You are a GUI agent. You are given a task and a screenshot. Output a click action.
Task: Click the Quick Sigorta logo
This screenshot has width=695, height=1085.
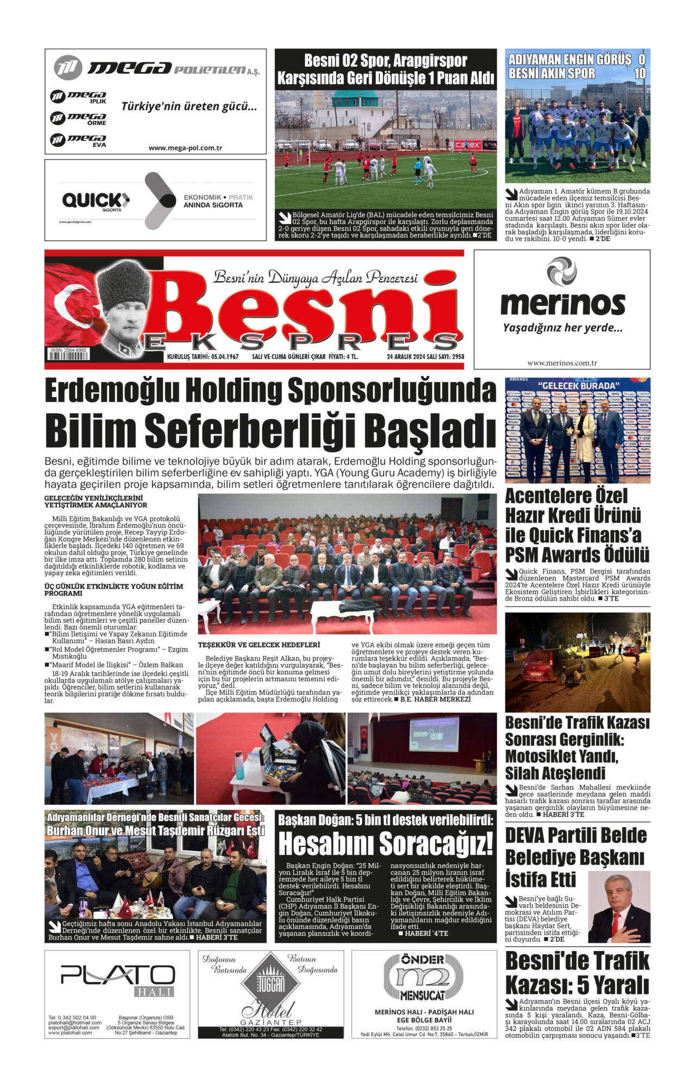pos(96,201)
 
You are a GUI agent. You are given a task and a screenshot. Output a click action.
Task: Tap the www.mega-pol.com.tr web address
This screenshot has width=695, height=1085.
pos(185,148)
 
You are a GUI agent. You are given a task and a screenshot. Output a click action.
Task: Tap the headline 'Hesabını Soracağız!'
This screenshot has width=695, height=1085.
pos(386,844)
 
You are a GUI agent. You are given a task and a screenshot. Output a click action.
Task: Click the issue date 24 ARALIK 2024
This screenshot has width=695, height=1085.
pos(410,356)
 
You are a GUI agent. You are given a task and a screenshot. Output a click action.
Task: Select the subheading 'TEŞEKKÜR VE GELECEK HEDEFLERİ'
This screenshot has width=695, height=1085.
pos(258,644)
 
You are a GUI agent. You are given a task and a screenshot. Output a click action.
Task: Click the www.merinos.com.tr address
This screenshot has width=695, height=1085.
pos(562,363)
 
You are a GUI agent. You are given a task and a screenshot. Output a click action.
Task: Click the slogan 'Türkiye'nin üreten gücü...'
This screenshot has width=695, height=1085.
pos(189,106)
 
